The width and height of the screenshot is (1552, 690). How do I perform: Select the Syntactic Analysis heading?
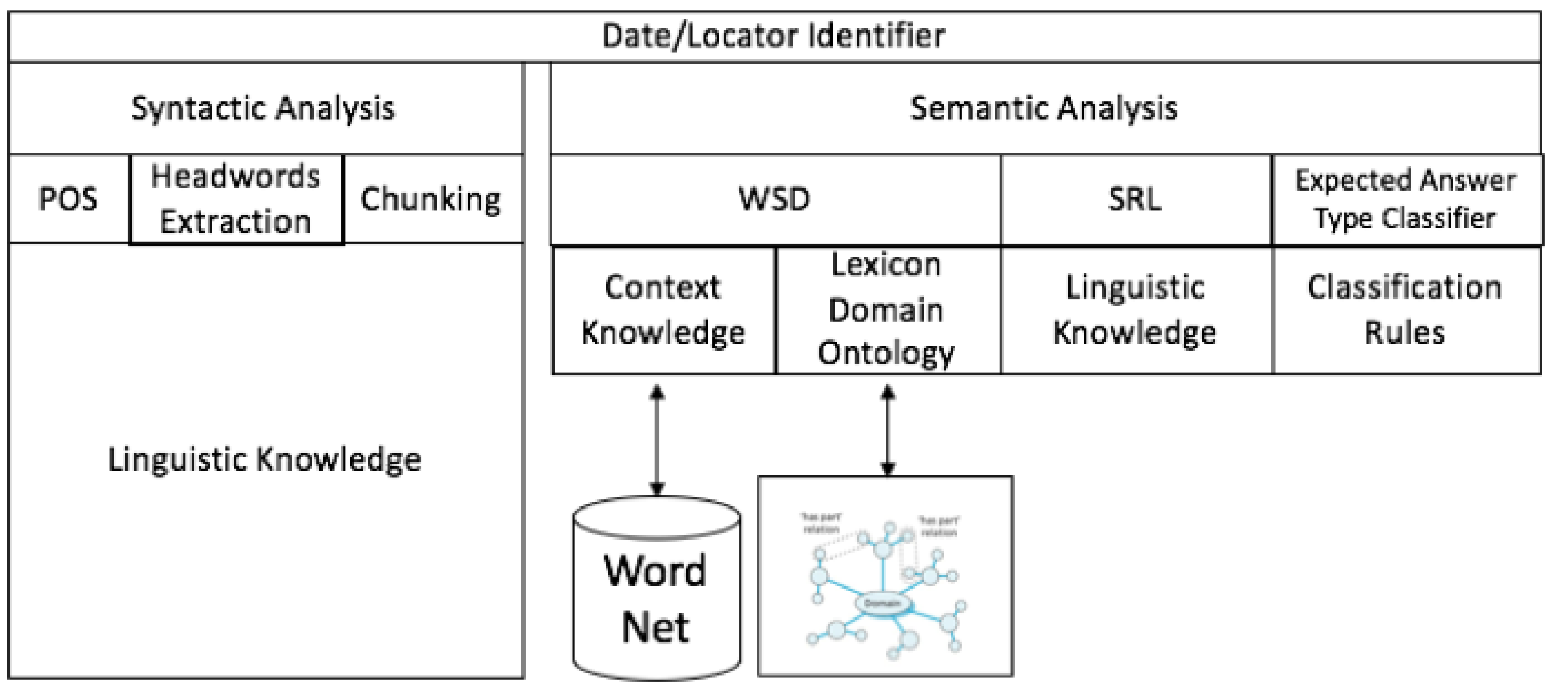click(263, 108)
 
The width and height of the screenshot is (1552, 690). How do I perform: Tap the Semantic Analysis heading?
click(1043, 108)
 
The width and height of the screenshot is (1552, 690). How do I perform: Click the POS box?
click(68, 199)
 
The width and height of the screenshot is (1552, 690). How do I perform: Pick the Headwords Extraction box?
click(235, 199)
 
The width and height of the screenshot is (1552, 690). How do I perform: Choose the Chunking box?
click(431, 199)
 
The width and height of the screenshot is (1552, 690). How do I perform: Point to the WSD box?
click(775, 199)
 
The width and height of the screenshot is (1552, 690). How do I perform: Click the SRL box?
click(1135, 199)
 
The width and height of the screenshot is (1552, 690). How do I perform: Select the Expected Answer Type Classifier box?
click(1406, 199)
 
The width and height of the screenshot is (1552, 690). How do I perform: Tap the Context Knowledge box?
click(663, 311)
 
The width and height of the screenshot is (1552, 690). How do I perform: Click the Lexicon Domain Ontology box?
click(886, 311)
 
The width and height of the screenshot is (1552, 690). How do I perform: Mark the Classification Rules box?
click(1406, 311)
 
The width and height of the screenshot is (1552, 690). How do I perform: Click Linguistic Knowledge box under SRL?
click(1135, 311)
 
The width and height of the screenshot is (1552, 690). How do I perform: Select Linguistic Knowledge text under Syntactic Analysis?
click(265, 460)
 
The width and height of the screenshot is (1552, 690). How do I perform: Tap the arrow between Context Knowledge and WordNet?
click(658, 440)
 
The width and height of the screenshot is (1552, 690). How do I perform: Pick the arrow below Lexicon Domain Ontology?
click(888, 430)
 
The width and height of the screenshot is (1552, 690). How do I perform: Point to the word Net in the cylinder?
click(655, 628)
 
